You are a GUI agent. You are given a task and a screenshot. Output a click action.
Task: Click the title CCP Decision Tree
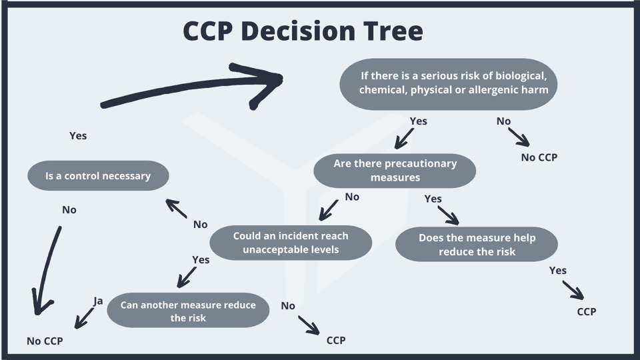pos(303,31)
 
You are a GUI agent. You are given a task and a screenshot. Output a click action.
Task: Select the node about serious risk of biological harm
pos(448,83)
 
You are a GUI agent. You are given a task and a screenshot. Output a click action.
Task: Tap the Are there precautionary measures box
pos(395,171)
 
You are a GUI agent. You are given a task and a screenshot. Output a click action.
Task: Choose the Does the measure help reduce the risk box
pos(477,245)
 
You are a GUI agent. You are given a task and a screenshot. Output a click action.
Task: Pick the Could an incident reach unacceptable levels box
pos(291,243)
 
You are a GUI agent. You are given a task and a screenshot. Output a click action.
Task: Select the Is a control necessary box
pos(98,176)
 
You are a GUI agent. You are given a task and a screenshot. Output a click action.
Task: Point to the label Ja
pos(99,301)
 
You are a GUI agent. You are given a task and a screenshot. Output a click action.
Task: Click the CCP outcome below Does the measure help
pos(587,311)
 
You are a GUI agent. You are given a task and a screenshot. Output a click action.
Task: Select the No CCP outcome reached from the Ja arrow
pos(45,341)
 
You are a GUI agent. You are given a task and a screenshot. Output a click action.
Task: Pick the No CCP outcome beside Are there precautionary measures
pos(539,158)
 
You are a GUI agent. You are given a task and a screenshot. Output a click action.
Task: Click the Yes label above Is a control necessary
pos(78,136)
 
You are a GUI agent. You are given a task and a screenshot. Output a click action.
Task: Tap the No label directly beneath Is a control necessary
pos(69,210)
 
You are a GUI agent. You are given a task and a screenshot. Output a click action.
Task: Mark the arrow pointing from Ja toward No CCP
pos(85,318)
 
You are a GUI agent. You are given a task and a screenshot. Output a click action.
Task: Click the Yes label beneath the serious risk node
pos(418,121)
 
